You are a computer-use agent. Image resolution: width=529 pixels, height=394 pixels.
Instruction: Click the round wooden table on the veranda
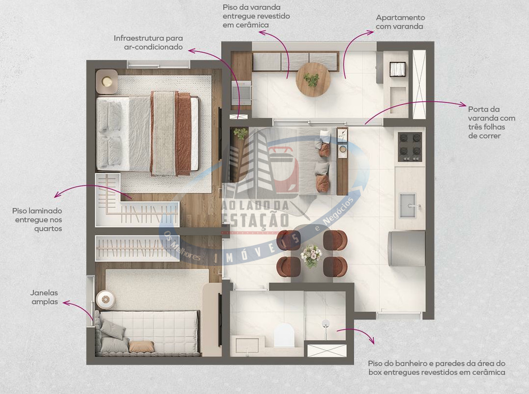(313, 80)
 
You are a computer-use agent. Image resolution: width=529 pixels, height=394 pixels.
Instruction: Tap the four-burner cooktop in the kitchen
(410, 147)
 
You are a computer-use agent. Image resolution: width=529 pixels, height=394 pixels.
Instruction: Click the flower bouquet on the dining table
(311, 256)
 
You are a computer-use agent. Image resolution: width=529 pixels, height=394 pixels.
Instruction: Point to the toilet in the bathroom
(284, 335)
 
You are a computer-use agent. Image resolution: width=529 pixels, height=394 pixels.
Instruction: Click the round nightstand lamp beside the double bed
(107, 81)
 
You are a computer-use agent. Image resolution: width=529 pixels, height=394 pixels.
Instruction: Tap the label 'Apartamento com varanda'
(400, 22)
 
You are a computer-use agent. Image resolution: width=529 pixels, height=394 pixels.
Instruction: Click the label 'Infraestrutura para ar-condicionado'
(148, 42)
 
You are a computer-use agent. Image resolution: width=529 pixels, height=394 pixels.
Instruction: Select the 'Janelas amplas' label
(44, 297)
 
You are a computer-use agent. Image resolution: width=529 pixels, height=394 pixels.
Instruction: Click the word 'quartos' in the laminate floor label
(48, 229)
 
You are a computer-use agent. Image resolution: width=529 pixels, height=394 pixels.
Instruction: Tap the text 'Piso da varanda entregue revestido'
(256, 11)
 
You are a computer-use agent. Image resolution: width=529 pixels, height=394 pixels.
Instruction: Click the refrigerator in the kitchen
(407, 248)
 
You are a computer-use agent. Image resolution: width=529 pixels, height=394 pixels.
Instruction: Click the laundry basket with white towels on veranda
(397, 70)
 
